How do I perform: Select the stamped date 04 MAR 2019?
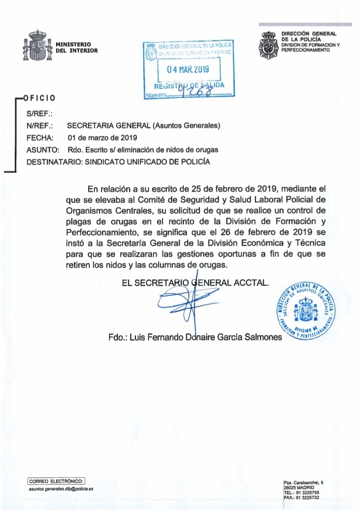[184, 68]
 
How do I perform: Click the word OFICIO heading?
[39, 97]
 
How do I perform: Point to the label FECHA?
[37, 137]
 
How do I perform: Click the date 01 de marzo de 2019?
[101, 137]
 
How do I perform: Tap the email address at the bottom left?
[61, 489]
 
